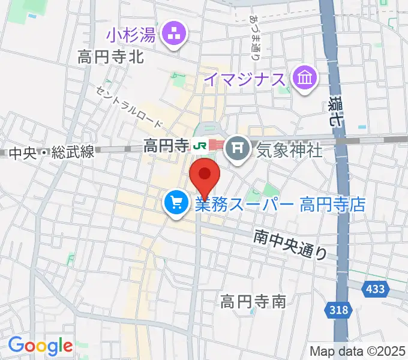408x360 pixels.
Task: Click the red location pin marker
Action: tap(205, 176)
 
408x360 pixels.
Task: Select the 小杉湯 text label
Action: tap(131, 35)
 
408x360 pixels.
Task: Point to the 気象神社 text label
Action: tap(289, 147)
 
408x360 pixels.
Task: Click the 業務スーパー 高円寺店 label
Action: tap(280, 205)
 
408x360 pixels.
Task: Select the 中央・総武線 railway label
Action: tap(52, 153)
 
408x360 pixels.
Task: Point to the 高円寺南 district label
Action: tap(253, 301)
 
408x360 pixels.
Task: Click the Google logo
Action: tap(40, 346)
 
